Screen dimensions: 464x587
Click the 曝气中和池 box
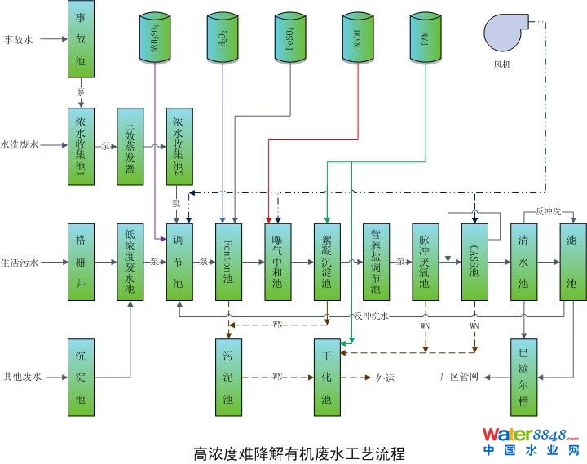pyautogui.click(x=277, y=263)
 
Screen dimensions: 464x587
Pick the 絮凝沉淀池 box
pyautogui.click(x=327, y=263)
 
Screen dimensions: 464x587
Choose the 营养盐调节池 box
pyautogui.click(x=375, y=263)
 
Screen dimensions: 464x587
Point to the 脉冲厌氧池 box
pyautogui.click(x=424, y=263)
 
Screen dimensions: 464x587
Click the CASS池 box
pyautogui.click(x=474, y=263)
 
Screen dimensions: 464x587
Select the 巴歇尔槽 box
pyautogui.click(x=523, y=377)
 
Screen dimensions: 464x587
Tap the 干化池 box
pyautogui.click(x=327, y=377)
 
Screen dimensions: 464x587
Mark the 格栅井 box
pyautogui.click(x=80, y=263)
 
